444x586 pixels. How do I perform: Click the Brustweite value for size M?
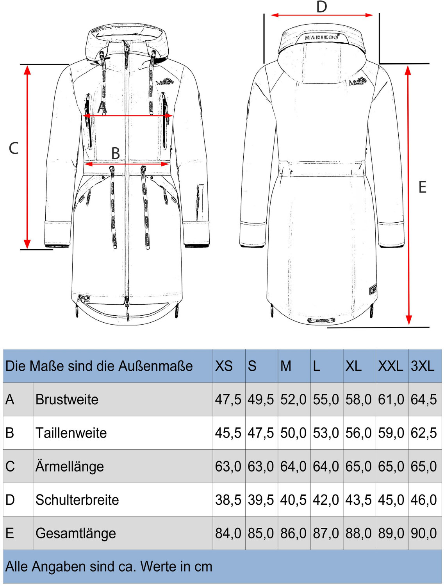293,400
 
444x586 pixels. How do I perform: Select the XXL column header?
391,366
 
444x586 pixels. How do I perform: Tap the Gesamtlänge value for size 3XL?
424,533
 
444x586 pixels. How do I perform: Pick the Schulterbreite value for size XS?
228,500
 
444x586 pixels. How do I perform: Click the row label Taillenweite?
71,433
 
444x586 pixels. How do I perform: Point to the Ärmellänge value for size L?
326,466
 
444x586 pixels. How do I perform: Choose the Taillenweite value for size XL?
358,433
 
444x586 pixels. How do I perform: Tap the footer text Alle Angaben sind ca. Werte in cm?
109,566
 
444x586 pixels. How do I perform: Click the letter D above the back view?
321,7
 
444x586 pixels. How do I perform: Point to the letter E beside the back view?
422,188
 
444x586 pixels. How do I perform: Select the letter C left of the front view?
14,148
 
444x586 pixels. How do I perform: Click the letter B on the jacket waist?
115,153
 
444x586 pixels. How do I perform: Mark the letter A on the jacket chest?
102,106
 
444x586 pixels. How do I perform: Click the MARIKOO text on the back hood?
321,38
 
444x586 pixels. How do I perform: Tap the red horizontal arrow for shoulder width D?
321,15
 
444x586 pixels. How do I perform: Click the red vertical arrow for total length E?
408,195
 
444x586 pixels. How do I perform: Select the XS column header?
224,366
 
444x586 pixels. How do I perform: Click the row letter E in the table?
10,533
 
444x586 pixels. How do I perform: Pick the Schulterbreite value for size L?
326,500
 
